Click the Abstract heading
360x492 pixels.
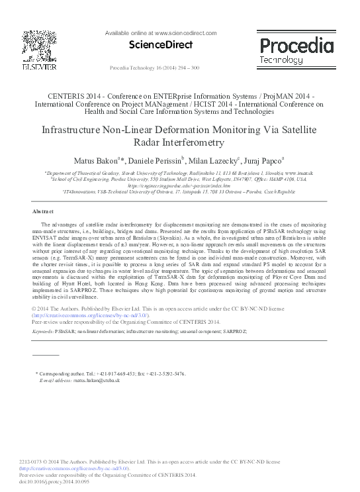click(43, 211)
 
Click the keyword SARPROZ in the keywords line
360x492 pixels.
click(235, 330)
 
